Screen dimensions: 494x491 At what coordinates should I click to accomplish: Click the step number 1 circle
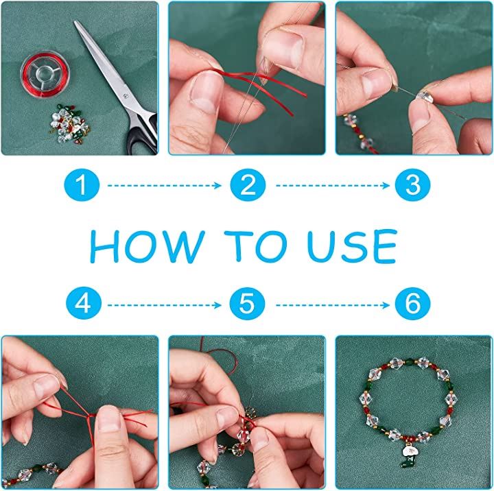(82, 185)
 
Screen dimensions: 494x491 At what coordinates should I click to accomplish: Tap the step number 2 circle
(248, 185)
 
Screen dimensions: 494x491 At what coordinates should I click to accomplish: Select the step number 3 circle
(412, 185)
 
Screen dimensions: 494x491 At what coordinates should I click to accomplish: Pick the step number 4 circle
(84, 304)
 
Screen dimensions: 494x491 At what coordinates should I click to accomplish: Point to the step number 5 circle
(247, 304)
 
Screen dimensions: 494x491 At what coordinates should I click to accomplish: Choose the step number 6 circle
(412, 304)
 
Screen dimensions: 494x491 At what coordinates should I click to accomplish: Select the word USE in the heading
(352, 246)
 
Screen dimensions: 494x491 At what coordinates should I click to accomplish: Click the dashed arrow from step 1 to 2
(165, 186)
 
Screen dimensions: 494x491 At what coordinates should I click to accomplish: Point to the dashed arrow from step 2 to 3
(333, 186)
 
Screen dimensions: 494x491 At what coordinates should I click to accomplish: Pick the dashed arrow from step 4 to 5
(165, 305)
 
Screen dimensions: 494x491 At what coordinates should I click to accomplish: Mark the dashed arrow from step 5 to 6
(333, 305)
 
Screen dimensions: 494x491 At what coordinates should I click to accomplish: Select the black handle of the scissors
(143, 134)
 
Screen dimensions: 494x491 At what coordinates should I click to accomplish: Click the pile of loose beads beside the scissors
(69, 123)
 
